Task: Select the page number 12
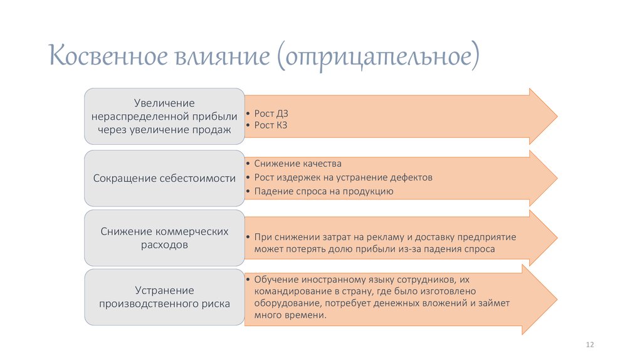point(589,346)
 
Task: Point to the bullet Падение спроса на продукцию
point(324,191)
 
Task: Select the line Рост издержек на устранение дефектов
point(343,177)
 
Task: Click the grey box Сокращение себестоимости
point(164,179)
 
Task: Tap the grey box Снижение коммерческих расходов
point(164,238)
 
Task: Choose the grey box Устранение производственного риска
point(164,297)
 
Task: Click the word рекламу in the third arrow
point(382,238)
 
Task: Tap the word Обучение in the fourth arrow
point(275,279)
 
